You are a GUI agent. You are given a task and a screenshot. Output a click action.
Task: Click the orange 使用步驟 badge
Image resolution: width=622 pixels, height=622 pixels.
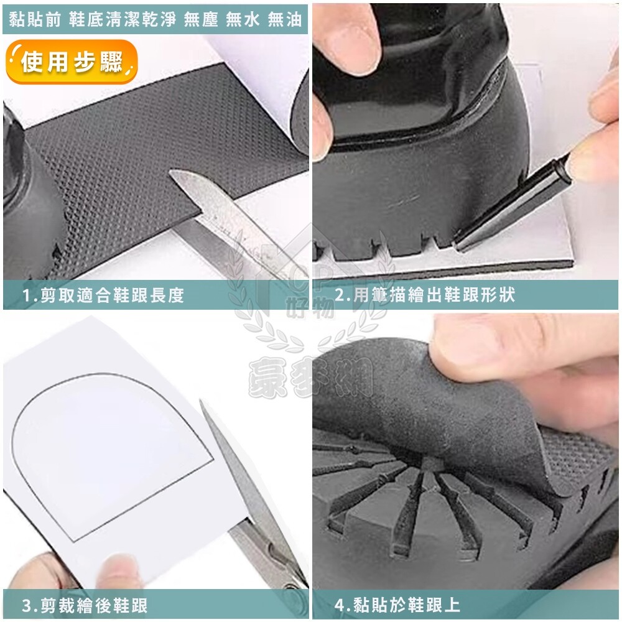coord(72,62)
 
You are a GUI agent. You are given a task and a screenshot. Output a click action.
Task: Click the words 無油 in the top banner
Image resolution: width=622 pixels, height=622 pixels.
coord(285,19)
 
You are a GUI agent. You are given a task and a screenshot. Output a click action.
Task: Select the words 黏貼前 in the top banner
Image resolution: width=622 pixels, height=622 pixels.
coord(35,19)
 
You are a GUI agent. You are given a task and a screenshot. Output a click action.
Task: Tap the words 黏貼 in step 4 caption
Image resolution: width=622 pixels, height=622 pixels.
coord(369,605)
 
